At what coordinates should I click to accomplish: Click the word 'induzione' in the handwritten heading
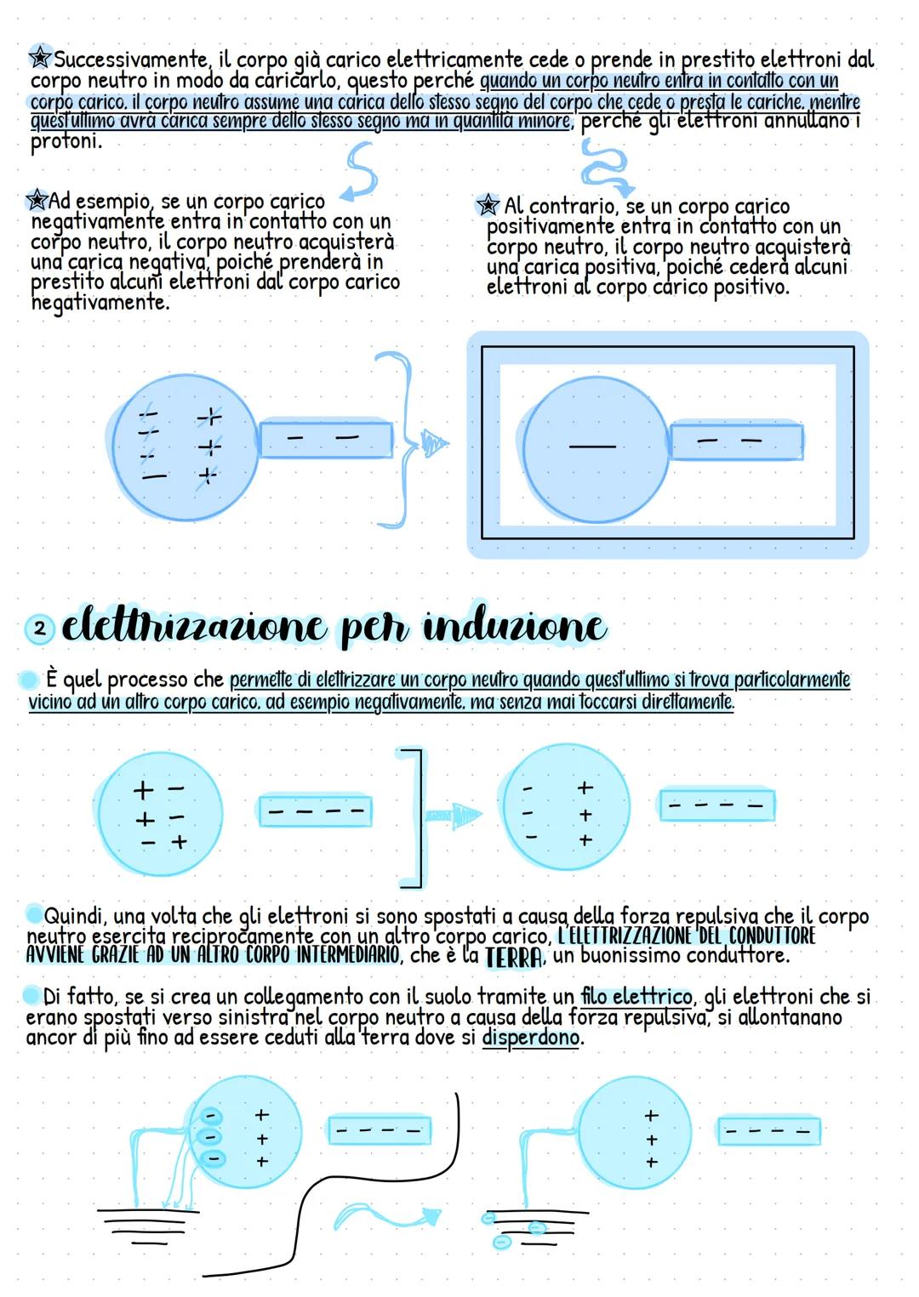[x=515, y=628]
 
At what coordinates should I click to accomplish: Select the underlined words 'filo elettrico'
[x=636, y=996]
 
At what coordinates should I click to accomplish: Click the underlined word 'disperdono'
[x=531, y=1038]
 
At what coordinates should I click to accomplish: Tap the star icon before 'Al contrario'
[x=488, y=205]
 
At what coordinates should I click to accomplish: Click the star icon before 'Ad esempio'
[x=37, y=201]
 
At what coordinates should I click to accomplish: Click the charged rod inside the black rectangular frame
[x=736, y=441]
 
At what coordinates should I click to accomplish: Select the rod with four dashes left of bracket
[x=315, y=811]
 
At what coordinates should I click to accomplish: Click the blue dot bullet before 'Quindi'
[x=33, y=914]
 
